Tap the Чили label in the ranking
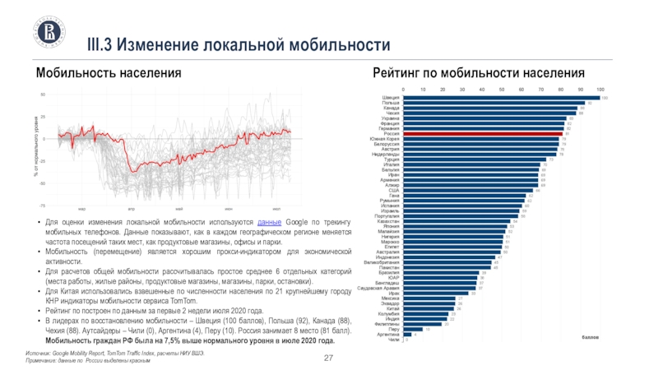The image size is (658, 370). click(393, 339)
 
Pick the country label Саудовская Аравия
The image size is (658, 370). click(379, 288)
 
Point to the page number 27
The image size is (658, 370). click(328, 356)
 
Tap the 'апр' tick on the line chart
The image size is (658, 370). click(130, 210)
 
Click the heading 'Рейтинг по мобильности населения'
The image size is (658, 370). click(479, 73)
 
